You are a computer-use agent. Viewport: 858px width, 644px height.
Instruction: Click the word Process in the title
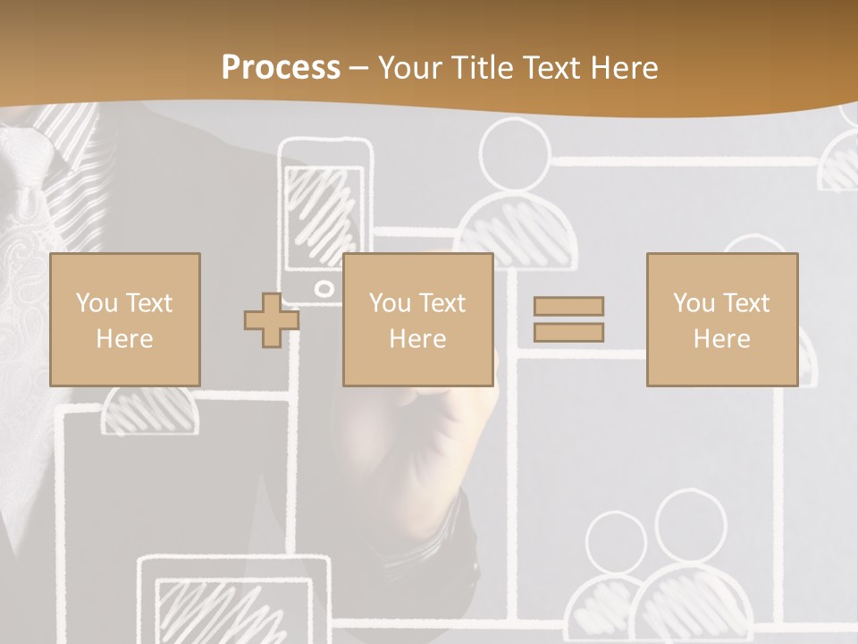click(x=281, y=68)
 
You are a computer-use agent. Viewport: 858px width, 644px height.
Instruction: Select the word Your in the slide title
click(x=411, y=68)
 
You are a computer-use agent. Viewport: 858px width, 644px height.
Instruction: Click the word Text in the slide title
click(x=546, y=68)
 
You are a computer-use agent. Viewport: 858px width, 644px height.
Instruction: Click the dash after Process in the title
click(x=359, y=69)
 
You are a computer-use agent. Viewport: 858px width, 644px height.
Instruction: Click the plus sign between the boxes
click(x=272, y=319)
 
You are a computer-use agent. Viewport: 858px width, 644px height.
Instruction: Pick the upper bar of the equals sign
click(x=568, y=306)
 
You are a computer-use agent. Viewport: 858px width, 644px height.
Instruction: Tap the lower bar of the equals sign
click(x=568, y=333)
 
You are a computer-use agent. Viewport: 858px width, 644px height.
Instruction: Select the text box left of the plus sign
click(x=124, y=319)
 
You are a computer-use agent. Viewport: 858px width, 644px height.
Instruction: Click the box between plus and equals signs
click(x=417, y=319)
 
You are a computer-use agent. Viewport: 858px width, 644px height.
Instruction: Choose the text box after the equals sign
click(x=721, y=319)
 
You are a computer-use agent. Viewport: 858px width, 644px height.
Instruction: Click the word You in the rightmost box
click(x=694, y=303)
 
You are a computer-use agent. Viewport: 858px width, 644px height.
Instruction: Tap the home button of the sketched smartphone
click(x=324, y=289)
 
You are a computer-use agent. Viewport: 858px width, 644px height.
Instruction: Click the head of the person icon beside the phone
click(x=514, y=154)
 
